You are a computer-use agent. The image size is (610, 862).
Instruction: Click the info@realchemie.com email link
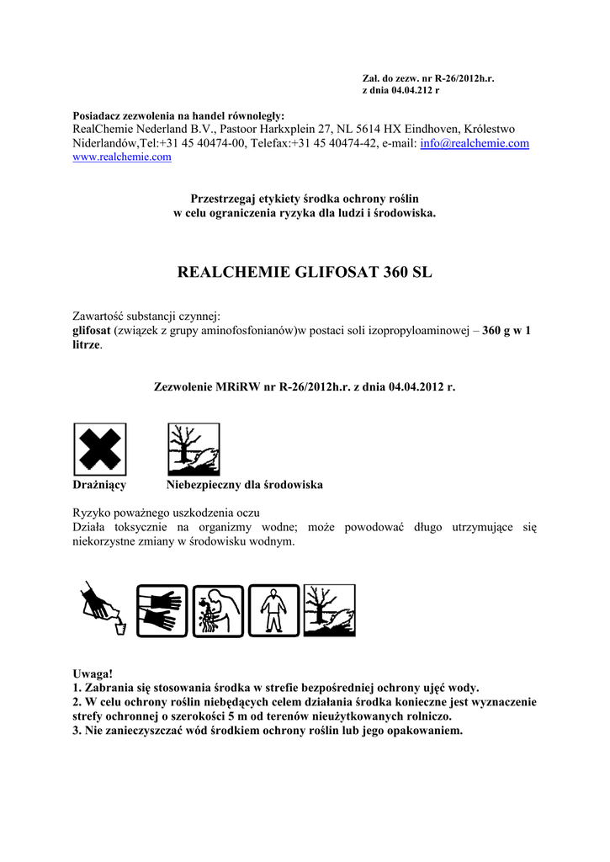[x=474, y=143]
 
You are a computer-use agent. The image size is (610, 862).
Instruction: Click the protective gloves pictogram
[x=162, y=610]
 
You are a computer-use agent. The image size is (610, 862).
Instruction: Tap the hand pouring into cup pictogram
[x=103, y=610]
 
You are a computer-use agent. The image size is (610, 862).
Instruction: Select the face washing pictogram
[x=218, y=610]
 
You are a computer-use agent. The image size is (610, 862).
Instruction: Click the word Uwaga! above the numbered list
[x=93, y=674]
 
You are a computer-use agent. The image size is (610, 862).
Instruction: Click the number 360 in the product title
[x=395, y=274]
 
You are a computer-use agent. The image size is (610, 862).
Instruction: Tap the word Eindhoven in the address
[x=425, y=129]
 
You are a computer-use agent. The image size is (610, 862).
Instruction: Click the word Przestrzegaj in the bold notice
[x=222, y=198]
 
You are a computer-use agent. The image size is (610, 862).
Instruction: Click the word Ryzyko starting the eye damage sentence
[x=93, y=513]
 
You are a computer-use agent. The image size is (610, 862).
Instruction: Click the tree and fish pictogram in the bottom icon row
[x=329, y=610]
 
